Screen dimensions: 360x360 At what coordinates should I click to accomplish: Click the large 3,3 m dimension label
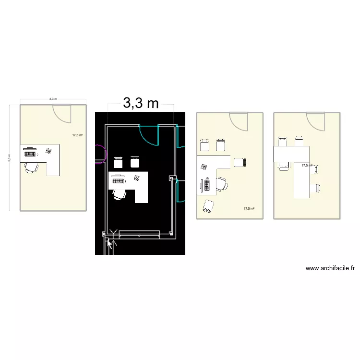point(141,103)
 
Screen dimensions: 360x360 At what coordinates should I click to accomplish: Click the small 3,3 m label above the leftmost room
point(53,99)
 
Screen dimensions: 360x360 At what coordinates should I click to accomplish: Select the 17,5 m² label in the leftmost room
point(77,135)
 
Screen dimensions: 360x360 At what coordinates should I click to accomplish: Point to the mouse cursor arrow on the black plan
point(110,245)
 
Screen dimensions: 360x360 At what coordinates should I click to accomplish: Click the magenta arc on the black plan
point(100,154)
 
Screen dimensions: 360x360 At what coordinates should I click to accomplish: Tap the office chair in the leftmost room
point(32,167)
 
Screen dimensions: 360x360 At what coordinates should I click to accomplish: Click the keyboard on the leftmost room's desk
point(30,154)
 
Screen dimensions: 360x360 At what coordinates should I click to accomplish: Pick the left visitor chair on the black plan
point(118,162)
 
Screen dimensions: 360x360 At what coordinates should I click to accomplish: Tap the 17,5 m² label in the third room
point(249,208)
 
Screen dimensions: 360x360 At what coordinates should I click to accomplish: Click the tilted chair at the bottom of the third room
point(208,205)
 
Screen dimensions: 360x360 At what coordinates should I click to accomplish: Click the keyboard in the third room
point(207,184)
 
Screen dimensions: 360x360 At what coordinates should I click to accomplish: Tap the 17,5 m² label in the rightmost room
point(307,165)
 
